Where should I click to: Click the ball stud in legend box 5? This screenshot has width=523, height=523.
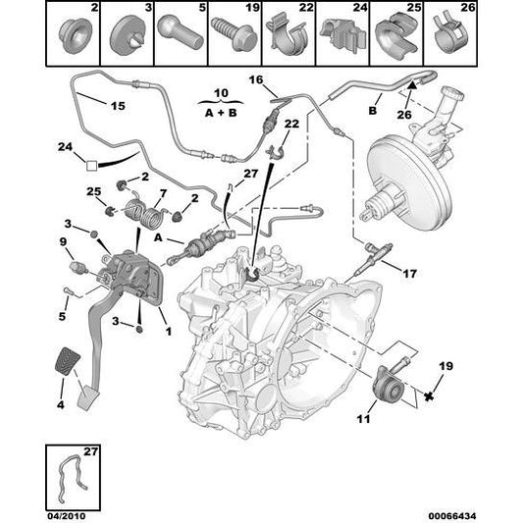(x=181, y=35)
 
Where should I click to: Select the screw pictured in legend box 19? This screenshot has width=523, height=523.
(x=234, y=34)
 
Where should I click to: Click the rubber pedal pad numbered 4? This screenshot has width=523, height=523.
(x=68, y=361)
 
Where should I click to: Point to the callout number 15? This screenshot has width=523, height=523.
(x=118, y=106)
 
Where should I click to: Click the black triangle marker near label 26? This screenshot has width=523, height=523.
(x=412, y=84)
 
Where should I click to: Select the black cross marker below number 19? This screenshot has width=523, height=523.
(x=429, y=396)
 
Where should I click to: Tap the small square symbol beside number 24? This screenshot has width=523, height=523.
(x=91, y=166)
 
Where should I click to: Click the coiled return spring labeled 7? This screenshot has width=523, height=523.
(x=143, y=212)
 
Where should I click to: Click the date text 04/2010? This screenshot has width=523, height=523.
(x=66, y=516)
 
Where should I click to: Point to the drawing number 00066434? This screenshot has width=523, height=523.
(x=452, y=516)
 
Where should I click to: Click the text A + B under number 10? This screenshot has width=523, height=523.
(x=221, y=113)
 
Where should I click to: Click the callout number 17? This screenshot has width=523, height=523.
(x=410, y=274)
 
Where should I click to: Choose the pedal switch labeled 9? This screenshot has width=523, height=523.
(x=78, y=268)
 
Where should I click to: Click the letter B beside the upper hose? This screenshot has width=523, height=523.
(x=372, y=111)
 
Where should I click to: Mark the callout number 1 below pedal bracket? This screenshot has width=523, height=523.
(x=169, y=332)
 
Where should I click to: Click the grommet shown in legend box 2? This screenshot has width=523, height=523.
(x=75, y=35)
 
